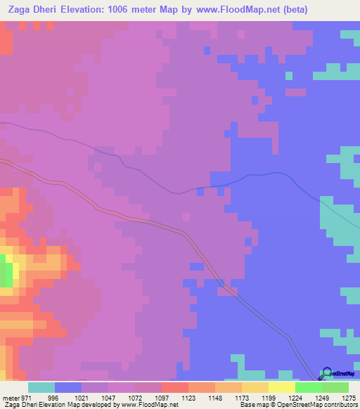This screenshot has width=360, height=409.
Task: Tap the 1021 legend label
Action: pos(95,397)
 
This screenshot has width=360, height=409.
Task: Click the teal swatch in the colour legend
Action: pos(41,387)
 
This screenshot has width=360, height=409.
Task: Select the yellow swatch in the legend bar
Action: pos(282,387)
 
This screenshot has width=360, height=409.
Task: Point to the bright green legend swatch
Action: pos(309,387)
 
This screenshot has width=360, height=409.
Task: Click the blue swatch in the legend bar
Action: pos(68,387)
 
